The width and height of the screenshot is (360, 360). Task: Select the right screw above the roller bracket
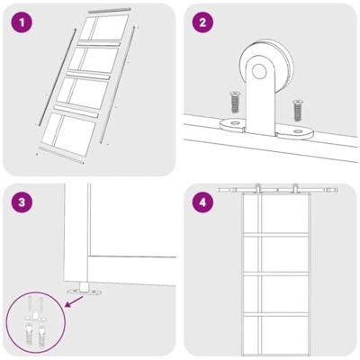point(296,111)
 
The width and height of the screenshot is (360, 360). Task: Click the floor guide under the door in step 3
point(85,290)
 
